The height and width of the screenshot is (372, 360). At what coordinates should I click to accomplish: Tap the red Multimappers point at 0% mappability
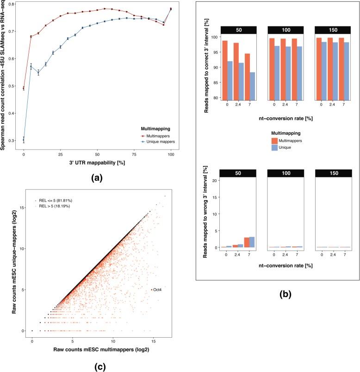(24, 88)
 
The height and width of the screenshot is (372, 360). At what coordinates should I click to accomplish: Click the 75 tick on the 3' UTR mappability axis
(134, 153)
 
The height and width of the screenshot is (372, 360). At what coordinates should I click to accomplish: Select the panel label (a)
(93, 177)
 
